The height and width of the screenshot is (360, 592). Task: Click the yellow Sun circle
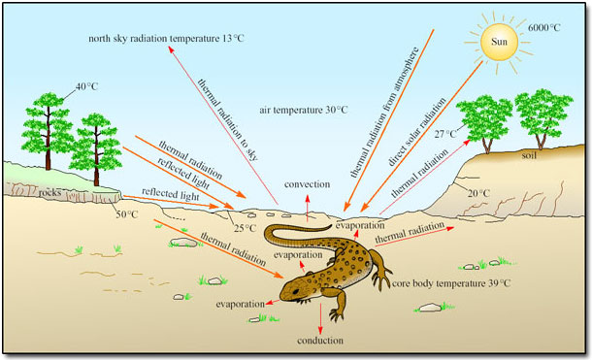[x=498, y=42]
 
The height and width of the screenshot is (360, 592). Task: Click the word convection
[x=306, y=182]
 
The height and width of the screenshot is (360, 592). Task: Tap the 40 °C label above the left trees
[x=87, y=87]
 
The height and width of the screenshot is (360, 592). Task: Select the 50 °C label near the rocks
[x=127, y=215]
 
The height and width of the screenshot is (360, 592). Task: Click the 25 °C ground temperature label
[x=245, y=229]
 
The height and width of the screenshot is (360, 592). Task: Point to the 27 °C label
[x=445, y=134]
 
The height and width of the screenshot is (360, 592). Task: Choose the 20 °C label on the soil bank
[x=477, y=194]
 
